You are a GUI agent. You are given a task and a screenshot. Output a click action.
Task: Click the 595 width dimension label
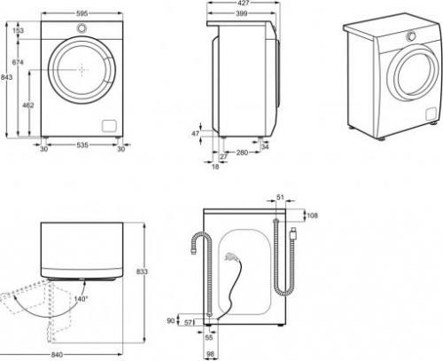tap(82, 13)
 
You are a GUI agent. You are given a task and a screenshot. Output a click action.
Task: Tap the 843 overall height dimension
tap(6, 77)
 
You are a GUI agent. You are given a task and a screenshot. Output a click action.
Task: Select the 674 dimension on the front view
tap(18, 62)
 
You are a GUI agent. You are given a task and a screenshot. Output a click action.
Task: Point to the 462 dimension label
tap(28, 105)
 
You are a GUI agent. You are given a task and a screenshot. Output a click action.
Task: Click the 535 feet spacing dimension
tap(82, 145)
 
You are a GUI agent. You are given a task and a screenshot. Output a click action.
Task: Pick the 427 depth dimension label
tap(243, 3)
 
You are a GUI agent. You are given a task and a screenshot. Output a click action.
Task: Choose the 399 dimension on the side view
tap(242, 13)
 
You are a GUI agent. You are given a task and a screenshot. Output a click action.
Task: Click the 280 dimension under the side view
tap(242, 153)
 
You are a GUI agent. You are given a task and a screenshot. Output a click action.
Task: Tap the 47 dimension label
tap(195, 134)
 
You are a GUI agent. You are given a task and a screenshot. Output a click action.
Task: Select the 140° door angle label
tap(81, 299)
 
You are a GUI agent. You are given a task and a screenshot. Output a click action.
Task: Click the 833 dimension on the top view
tap(142, 271)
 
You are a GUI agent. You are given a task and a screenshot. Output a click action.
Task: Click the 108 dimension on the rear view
tap(313, 216)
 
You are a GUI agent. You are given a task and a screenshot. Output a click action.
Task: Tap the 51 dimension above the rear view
tap(280, 197)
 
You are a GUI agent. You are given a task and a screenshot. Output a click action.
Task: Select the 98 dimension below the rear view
tap(211, 354)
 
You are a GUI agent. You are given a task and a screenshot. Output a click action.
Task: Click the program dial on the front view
tap(82, 27)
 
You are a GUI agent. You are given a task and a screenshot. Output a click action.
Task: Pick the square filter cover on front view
tap(109, 126)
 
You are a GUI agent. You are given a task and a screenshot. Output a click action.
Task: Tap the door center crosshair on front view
tap(82, 70)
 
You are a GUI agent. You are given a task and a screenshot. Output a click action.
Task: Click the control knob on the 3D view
tap(411, 36)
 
